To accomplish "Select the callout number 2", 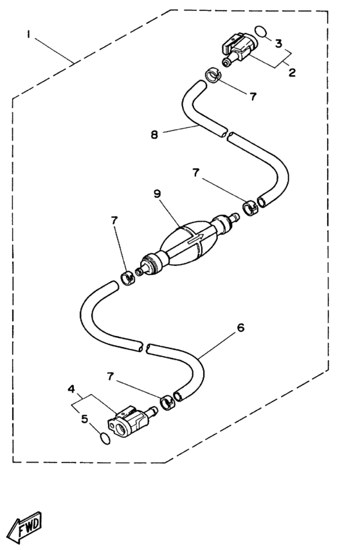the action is point(292,72).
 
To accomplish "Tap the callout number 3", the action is point(278,44).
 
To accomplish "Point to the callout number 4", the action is point(71,389).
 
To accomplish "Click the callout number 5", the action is point(84,419).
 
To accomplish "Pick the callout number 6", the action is point(240,328).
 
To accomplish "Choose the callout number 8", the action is point(154,134).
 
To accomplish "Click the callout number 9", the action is point(157,194).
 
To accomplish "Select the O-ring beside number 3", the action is point(260,31).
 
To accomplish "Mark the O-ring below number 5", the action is point(105,438).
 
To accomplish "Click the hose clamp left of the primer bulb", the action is point(128,278).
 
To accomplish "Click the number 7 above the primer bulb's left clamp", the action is point(114,220).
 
